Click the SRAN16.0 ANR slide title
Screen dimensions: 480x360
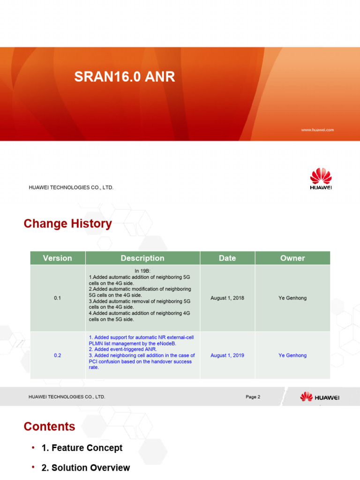[125, 77]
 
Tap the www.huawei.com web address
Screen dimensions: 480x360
[317, 130]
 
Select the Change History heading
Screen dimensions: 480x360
[68, 224]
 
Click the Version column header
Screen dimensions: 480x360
[57, 258]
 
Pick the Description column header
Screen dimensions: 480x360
[142, 258]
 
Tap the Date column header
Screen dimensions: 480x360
[227, 258]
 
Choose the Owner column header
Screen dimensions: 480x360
[292, 258]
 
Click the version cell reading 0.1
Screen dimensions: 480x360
[57, 298]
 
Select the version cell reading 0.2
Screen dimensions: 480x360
[57, 355]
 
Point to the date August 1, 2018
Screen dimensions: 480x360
[227, 298]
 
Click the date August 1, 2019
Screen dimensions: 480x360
[227, 355]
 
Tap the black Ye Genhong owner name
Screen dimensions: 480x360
[292, 298]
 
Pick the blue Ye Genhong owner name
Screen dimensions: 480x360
[292, 355]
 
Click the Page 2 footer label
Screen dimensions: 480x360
[253, 397]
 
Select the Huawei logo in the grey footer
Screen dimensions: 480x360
[320, 397]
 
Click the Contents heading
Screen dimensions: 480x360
[49, 427]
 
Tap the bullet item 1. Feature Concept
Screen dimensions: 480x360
[82, 448]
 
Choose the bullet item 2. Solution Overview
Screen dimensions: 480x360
[86, 468]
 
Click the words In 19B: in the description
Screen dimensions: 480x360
[142, 271]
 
